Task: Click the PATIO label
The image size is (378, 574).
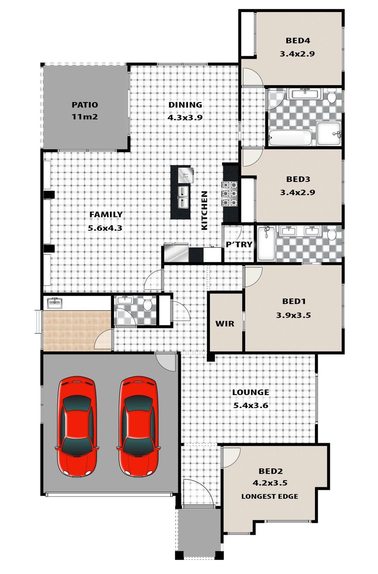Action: (x=85, y=105)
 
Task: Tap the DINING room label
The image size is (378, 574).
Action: (x=185, y=105)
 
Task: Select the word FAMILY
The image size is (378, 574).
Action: (x=106, y=215)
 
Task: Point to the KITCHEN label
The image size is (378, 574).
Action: (x=204, y=211)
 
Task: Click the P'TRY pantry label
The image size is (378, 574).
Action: (x=239, y=245)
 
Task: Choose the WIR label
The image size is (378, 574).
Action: (x=225, y=324)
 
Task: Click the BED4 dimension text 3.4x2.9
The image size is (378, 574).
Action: (x=297, y=54)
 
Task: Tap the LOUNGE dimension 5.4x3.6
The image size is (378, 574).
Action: (x=251, y=406)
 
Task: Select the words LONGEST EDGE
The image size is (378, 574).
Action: (x=270, y=496)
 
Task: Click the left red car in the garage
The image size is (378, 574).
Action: (x=77, y=427)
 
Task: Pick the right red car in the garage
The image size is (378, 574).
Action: (x=138, y=427)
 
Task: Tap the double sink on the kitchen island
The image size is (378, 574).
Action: (x=183, y=198)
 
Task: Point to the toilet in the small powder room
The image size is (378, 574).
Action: (x=148, y=304)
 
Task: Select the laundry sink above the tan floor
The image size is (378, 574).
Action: (x=55, y=303)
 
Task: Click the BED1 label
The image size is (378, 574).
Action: (x=294, y=302)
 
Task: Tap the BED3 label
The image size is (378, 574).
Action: (x=298, y=179)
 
